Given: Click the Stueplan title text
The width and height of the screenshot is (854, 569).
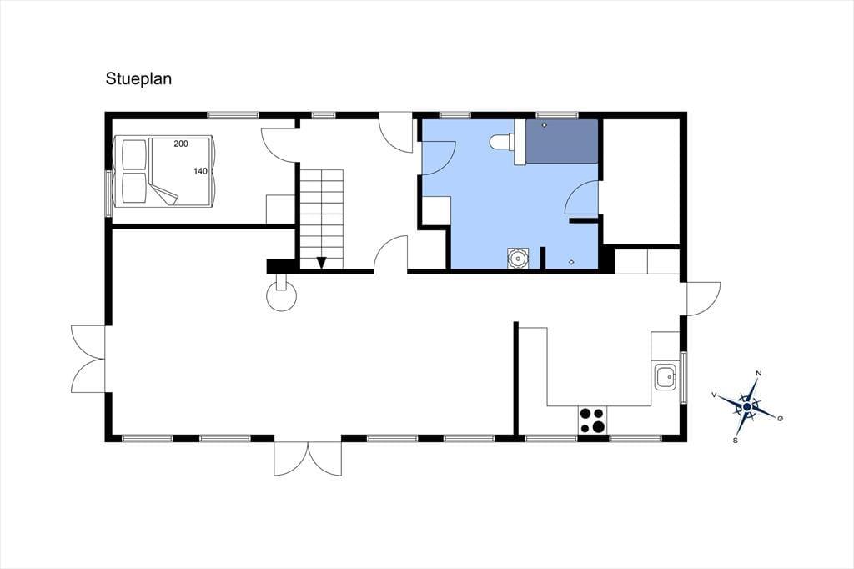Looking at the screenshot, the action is [x=139, y=79].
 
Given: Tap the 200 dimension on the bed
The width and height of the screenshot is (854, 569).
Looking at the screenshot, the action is [x=181, y=144].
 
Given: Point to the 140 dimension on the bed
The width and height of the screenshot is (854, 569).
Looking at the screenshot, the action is [x=200, y=171].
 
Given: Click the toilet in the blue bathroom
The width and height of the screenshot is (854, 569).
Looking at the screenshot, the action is [x=502, y=142].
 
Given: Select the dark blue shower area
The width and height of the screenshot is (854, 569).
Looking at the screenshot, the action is [x=561, y=141].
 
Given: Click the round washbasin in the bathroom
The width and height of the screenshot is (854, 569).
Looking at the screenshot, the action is [x=517, y=258].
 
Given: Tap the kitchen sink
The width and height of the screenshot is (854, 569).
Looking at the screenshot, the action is [x=666, y=376].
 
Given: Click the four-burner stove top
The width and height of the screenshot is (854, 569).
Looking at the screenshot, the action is [x=592, y=420].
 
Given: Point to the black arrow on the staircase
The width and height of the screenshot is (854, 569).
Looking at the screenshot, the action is [x=321, y=263].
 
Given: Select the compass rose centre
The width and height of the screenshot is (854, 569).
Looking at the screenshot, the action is [x=746, y=406].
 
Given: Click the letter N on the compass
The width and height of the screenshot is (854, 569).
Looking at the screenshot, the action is [x=759, y=373].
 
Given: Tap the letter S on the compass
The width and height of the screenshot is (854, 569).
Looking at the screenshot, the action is [x=736, y=441].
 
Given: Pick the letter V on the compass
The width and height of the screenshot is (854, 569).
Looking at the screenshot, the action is [x=714, y=395].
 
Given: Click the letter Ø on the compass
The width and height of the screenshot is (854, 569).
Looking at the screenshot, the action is [x=780, y=418].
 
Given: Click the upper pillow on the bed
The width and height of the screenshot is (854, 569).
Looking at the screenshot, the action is [x=134, y=154].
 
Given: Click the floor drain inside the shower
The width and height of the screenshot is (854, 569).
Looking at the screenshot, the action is [x=544, y=126].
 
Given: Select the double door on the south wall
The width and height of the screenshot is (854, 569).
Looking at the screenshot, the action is [x=308, y=458].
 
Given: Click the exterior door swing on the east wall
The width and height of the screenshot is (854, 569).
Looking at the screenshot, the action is [x=704, y=299].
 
